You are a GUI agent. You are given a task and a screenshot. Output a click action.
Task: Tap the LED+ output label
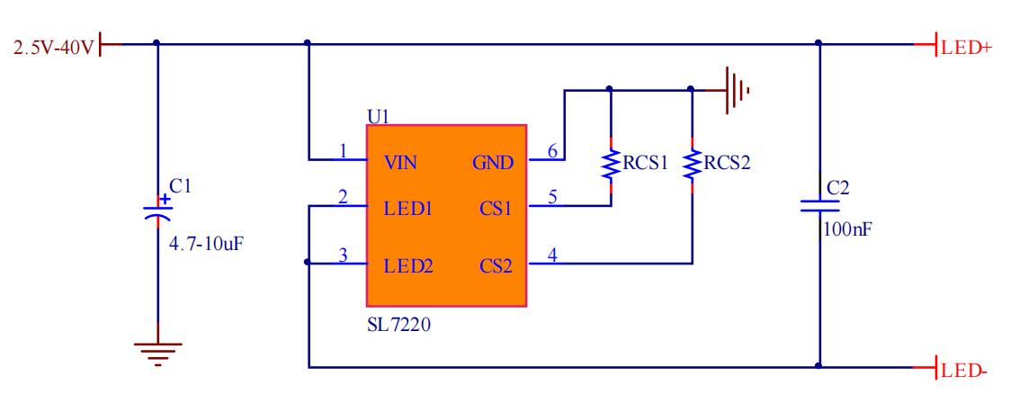(x=966, y=47)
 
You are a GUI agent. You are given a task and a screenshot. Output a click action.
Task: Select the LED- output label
(x=964, y=369)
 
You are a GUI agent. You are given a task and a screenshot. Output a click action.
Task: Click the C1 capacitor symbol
(x=157, y=210)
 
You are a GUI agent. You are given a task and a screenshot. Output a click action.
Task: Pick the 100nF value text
(x=846, y=230)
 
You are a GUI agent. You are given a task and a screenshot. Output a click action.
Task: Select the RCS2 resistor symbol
(x=691, y=164)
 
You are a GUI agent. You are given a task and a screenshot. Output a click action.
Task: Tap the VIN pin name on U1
(x=400, y=163)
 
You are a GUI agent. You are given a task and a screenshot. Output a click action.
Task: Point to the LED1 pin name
(x=408, y=210)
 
